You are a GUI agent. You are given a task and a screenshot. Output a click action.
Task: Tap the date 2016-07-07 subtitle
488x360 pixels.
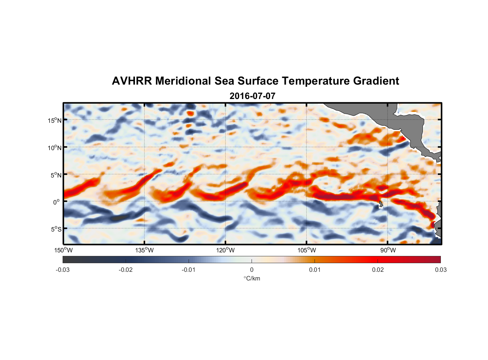[x=252, y=96]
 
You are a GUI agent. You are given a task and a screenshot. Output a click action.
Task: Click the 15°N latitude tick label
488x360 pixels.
[x=55, y=120]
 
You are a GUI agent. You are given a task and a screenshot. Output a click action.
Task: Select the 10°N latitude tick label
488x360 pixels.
[x=55, y=148]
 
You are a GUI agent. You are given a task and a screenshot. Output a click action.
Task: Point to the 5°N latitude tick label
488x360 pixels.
[x=56, y=175]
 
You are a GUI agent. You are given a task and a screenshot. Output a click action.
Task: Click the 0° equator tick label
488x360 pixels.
[x=56, y=202]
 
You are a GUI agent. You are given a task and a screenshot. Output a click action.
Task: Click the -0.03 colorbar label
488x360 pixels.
[x=63, y=270]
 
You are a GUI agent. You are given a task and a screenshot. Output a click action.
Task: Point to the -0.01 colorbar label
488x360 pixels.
[x=189, y=270]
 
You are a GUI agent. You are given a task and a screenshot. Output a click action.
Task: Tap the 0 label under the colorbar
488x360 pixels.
[x=252, y=270]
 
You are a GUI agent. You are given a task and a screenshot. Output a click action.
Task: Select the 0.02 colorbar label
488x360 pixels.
[x=378, y=270]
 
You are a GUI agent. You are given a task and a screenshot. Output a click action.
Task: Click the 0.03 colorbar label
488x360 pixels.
[x=440, y=270]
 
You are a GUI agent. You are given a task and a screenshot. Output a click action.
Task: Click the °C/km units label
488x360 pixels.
[x=252, y=278]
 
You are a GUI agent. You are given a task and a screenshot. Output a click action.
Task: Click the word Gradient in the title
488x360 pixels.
[x=376, y=81]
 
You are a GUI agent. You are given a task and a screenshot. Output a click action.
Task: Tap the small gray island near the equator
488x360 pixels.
[x=381, y=204]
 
